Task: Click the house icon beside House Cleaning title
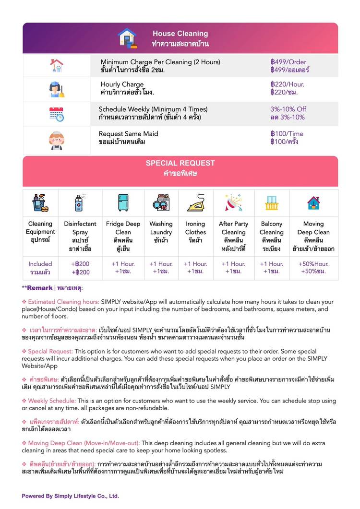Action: coord(127,38)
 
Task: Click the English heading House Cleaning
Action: coord(180,34)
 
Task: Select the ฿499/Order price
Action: coord(288,62)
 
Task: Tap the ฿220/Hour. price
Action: coord(287,84)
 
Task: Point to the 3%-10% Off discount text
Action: coord(288,109)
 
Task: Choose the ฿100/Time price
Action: coord(287,134)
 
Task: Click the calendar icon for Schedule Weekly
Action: coord(57,114)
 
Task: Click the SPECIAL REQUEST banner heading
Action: coord(180,163)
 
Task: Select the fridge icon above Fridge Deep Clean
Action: coord(123,203)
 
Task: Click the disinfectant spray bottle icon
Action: coord(80,203)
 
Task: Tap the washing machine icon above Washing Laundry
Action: coord(161,203)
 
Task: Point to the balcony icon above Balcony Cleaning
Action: coord(272,203)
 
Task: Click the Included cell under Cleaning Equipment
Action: coord(40,264)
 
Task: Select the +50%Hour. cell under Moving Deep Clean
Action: coord(313,264)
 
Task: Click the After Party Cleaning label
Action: coord(233,228)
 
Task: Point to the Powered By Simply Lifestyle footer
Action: coord(70,496)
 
